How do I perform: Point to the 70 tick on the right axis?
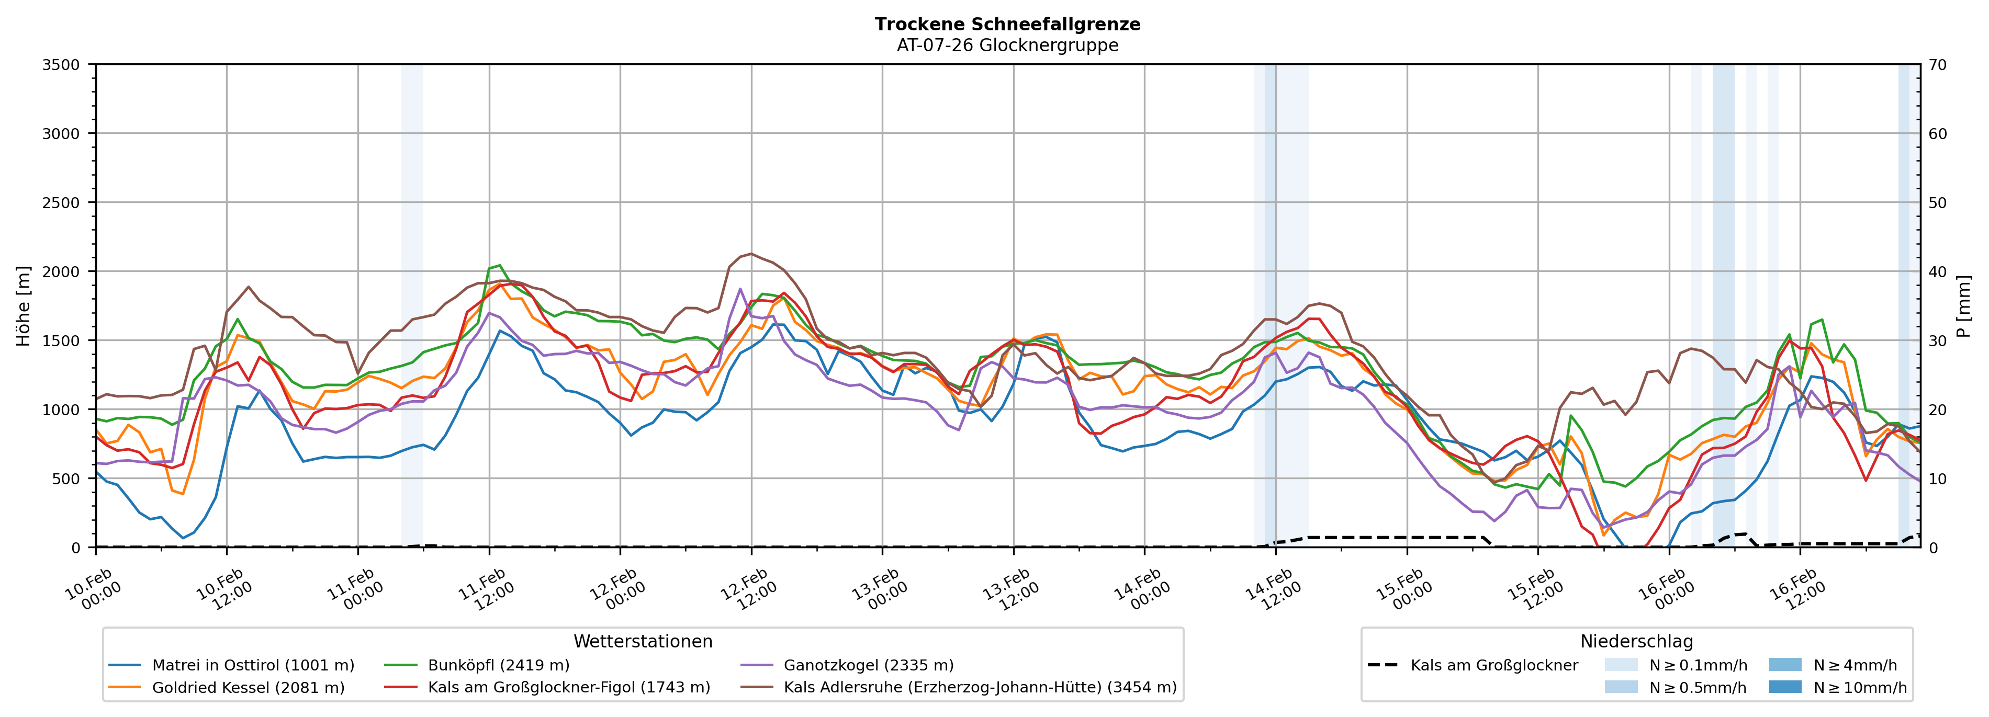point(1937,65)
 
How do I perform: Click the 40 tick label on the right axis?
point(1937,271)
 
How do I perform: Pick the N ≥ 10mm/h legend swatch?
point(1784,687)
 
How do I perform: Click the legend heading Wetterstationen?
point(643,641)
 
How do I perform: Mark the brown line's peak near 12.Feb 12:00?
point(751,253)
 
